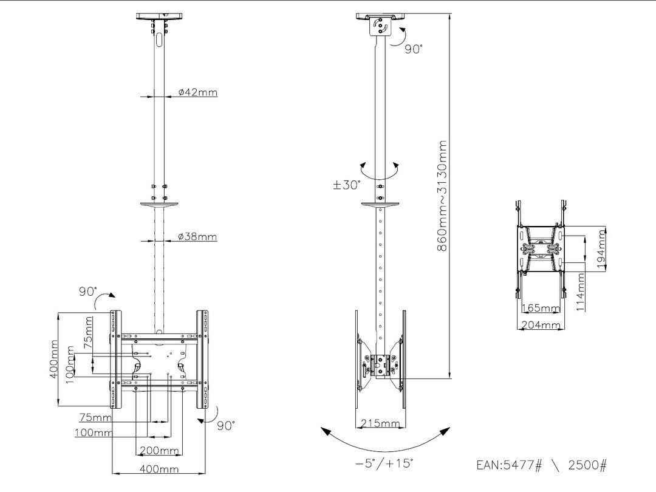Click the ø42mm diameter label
[198, 92]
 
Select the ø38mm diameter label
[198, 237]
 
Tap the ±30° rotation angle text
[347, 185]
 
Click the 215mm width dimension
[380, 423]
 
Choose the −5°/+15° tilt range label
[384, 463]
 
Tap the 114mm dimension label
[581, 292]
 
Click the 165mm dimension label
[541, 309]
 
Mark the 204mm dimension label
[541, 325]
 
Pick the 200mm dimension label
[159, 451]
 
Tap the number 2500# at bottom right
[587, 465]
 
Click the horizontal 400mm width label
[159, 469]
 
